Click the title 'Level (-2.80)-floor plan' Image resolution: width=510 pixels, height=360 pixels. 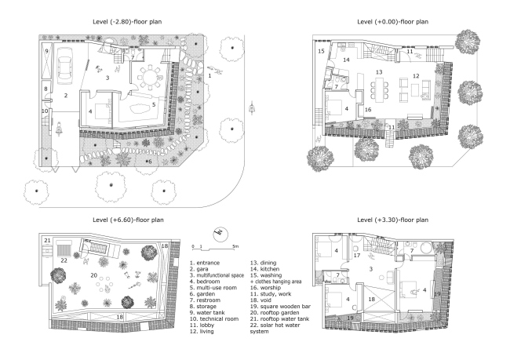point(127,22)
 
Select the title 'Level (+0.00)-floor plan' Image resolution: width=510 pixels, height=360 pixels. point(392,22)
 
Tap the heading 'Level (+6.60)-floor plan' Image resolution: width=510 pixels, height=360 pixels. point(128,220)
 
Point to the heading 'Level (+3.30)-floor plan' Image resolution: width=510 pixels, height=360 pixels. point(392,220)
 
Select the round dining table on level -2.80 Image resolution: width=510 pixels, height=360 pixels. point(149,78)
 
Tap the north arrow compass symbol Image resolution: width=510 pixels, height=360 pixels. point(220,234)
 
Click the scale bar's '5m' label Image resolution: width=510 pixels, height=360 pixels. point(235,245)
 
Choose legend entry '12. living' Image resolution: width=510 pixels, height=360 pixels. point(202,332)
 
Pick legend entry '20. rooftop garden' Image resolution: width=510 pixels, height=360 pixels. point(275,312)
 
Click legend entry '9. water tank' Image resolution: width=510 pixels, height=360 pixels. point(207,312)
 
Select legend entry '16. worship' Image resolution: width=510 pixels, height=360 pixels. point(265,288)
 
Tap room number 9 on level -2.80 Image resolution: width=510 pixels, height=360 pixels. point(46,51)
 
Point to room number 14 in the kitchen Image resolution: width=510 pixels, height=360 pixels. point(346,60)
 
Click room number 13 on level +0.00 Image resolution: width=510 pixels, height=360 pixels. point(379,72)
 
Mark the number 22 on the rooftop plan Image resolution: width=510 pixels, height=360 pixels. point(64,260)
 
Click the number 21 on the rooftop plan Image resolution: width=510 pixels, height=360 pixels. point(48,241)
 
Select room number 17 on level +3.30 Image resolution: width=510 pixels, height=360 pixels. point(357,255)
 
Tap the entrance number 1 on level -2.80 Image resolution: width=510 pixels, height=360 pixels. point(209,76)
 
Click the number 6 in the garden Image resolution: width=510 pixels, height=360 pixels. point(150,162)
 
